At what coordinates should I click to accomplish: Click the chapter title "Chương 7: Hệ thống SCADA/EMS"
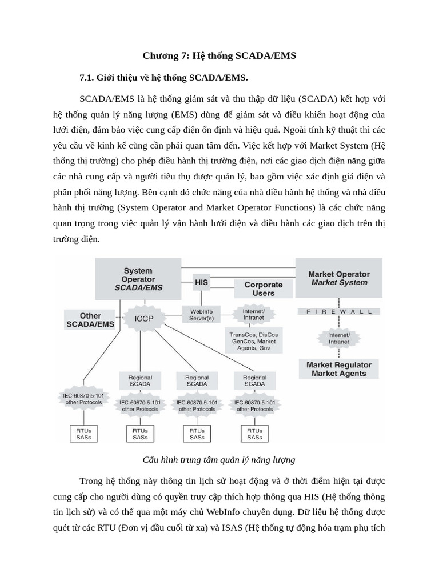[x=219, y=55]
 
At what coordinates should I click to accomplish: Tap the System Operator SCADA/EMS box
[x=138, y=279]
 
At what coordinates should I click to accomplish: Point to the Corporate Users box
[x=264, y=289]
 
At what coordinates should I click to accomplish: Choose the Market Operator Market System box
[x=339, y=278]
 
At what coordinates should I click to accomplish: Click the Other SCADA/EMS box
[x=90, y=320]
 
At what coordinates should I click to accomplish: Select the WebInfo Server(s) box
[x=201, y=314]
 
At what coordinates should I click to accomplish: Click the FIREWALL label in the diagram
[x=340, y=312]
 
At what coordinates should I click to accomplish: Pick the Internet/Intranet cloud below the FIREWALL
[x=339, y=338]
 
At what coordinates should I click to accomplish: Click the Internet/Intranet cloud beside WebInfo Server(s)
[x=254, y=314]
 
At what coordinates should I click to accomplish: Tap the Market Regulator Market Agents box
[x=339, y=369]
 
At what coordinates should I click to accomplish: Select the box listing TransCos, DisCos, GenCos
[x=252, y=341]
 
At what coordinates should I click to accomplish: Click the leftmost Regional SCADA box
[x=140, y=380]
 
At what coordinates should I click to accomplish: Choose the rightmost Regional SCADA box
[x=254, y=380]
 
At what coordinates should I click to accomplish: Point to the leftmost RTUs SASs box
[x=83, y=434]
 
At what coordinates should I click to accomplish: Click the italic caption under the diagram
[x=219, y=459]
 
